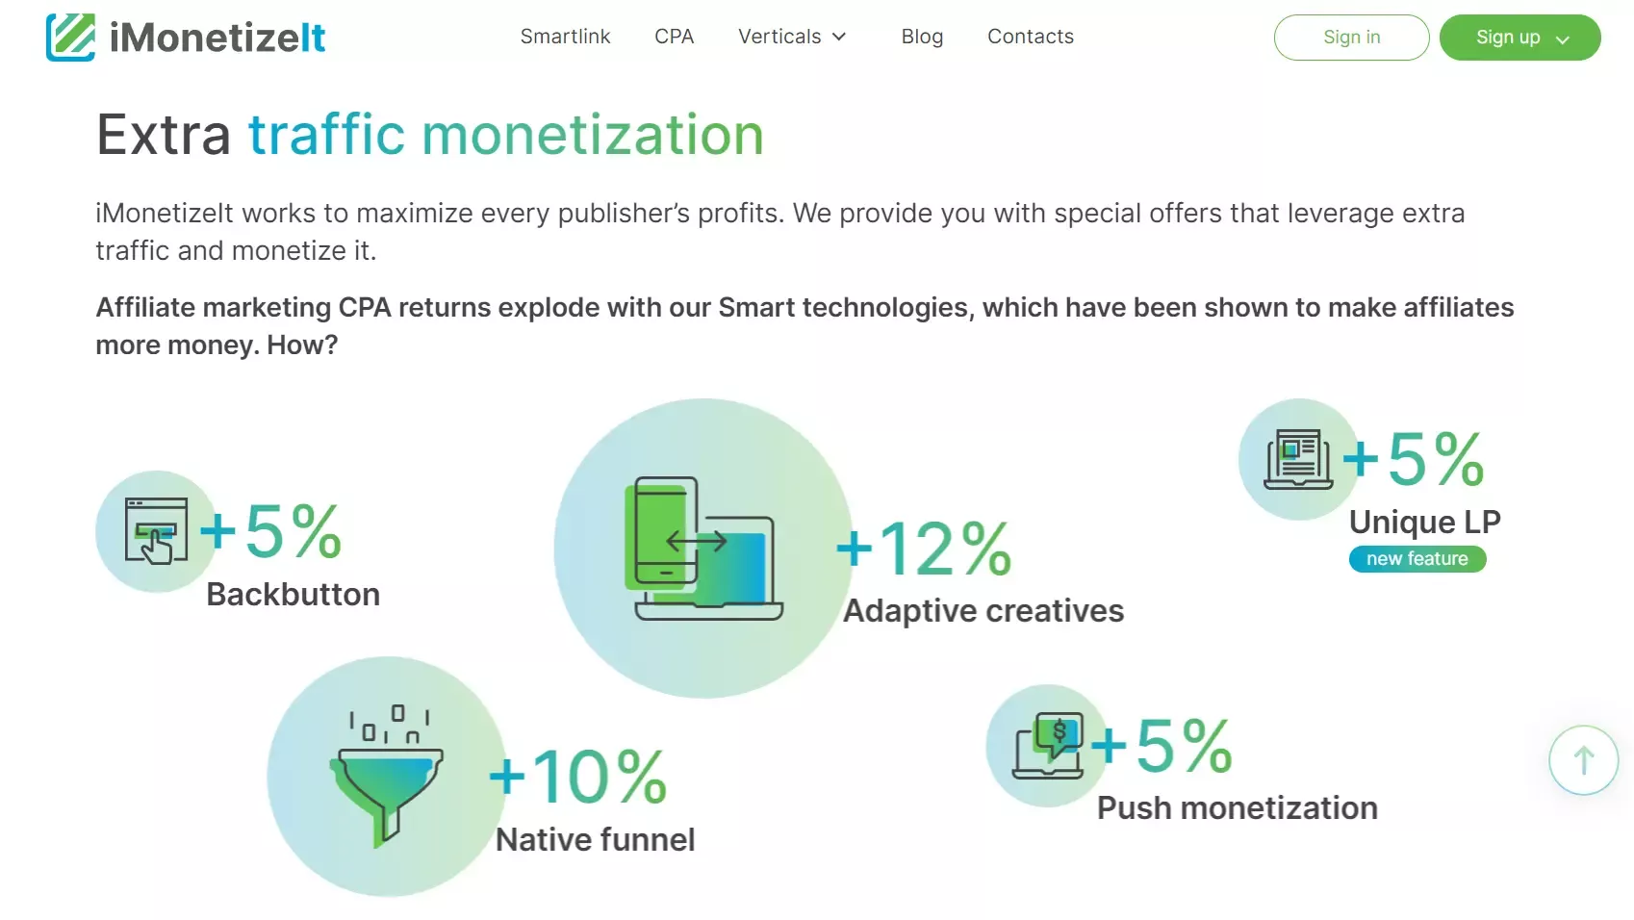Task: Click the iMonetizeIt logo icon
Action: pos(71,38)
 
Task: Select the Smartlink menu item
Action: pos(565,37)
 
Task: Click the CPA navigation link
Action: pos(674,37)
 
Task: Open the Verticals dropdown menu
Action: pos(792,37)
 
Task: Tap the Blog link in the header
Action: pos(922,37)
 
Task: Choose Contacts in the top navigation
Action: pos(1031,37)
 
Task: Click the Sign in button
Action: pos(1352,38)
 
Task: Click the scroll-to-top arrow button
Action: pos(1584,760)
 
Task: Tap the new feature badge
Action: pos(1417,559)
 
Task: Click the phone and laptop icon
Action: pos(704,549)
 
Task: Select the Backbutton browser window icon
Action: pos(156,531)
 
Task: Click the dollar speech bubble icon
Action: pos(1048,746)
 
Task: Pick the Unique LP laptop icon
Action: pos(1298,459)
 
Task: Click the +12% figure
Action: pos(924,549)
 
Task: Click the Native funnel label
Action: pos(596,840)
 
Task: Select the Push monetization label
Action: pos(1238,808)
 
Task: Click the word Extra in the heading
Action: pos(164,135)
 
